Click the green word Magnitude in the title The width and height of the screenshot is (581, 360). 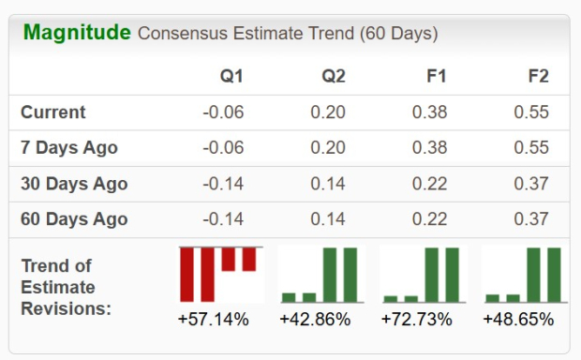(x=77, y=33)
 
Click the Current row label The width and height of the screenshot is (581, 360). (x=53, y=112)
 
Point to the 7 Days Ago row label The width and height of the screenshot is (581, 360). (x=69, y=148)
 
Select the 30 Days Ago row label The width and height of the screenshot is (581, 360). (x=74, y=184)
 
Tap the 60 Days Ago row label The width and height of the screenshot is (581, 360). (x=74, y=219)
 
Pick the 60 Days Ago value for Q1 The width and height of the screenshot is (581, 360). (x=222, y=219)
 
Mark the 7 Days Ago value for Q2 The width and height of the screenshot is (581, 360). (x=328, y=148)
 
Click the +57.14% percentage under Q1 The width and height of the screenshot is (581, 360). (x=213, y=320)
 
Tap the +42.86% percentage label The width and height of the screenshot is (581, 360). (x=315, y=320)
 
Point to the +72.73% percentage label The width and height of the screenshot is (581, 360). (x=417, y=320)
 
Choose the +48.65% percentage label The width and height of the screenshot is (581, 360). (x=518, y=320)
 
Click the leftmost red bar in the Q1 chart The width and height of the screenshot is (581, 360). (x=187, y=274)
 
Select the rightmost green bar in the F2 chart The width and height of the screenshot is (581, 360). (x=553, y=275)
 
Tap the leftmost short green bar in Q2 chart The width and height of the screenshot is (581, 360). (x=289, y=297)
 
